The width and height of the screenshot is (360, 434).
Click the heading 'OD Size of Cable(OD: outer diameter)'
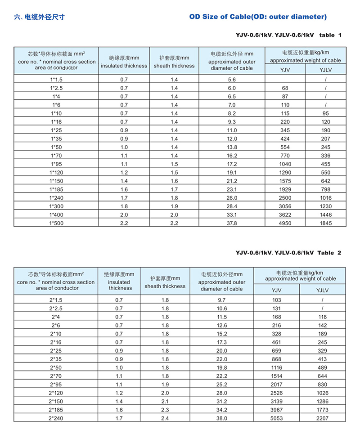[257, 17]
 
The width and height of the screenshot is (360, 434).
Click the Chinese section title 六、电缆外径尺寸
[40, 18]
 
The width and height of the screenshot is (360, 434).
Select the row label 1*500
[56, 222]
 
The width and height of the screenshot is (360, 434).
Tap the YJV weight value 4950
[285, 222]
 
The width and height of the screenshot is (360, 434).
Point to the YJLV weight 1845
[325, 222]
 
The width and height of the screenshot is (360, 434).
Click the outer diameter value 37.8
[232, 222]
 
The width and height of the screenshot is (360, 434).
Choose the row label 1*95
[56, 164]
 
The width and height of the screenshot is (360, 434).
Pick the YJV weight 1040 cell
[285, 164]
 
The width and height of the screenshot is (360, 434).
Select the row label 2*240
[56, 418]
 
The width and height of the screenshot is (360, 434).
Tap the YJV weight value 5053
[276, 418]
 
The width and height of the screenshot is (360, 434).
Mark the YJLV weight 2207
[323, 418]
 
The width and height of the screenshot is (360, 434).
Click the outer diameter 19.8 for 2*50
[222, 367]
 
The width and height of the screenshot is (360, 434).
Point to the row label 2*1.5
[56, 300]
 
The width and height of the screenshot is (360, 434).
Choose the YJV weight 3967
[276, 410]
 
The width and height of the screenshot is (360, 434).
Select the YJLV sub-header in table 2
[323, 290]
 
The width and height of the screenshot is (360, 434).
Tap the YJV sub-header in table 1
[285, 69]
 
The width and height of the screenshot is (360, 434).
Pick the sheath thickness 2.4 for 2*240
[165, 418]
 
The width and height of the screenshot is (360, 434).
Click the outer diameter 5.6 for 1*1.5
[232, 79]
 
